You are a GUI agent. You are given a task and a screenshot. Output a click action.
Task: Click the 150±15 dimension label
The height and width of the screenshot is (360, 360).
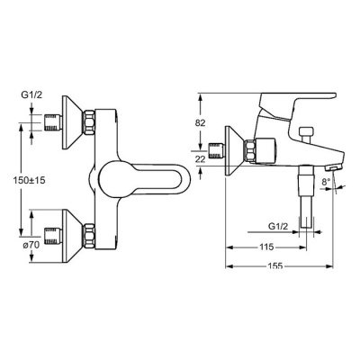point(29,180)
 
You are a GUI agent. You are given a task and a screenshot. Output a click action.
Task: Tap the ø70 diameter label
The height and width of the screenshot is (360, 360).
point(31,245)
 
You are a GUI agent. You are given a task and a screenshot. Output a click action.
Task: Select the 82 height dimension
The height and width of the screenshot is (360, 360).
point(201,122)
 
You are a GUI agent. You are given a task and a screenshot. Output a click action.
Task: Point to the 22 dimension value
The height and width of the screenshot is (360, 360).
point(201,159)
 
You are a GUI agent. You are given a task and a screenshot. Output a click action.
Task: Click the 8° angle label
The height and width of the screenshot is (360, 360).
point(326,182)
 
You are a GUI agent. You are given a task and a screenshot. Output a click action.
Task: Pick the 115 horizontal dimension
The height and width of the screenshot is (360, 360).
point(266,247)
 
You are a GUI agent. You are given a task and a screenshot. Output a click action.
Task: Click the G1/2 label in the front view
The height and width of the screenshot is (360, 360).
point(31,95)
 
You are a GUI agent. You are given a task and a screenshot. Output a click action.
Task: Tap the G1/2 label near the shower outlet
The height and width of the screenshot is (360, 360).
point(277,227)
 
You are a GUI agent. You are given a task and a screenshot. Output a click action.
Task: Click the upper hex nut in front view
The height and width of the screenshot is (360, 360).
point(89,122)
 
